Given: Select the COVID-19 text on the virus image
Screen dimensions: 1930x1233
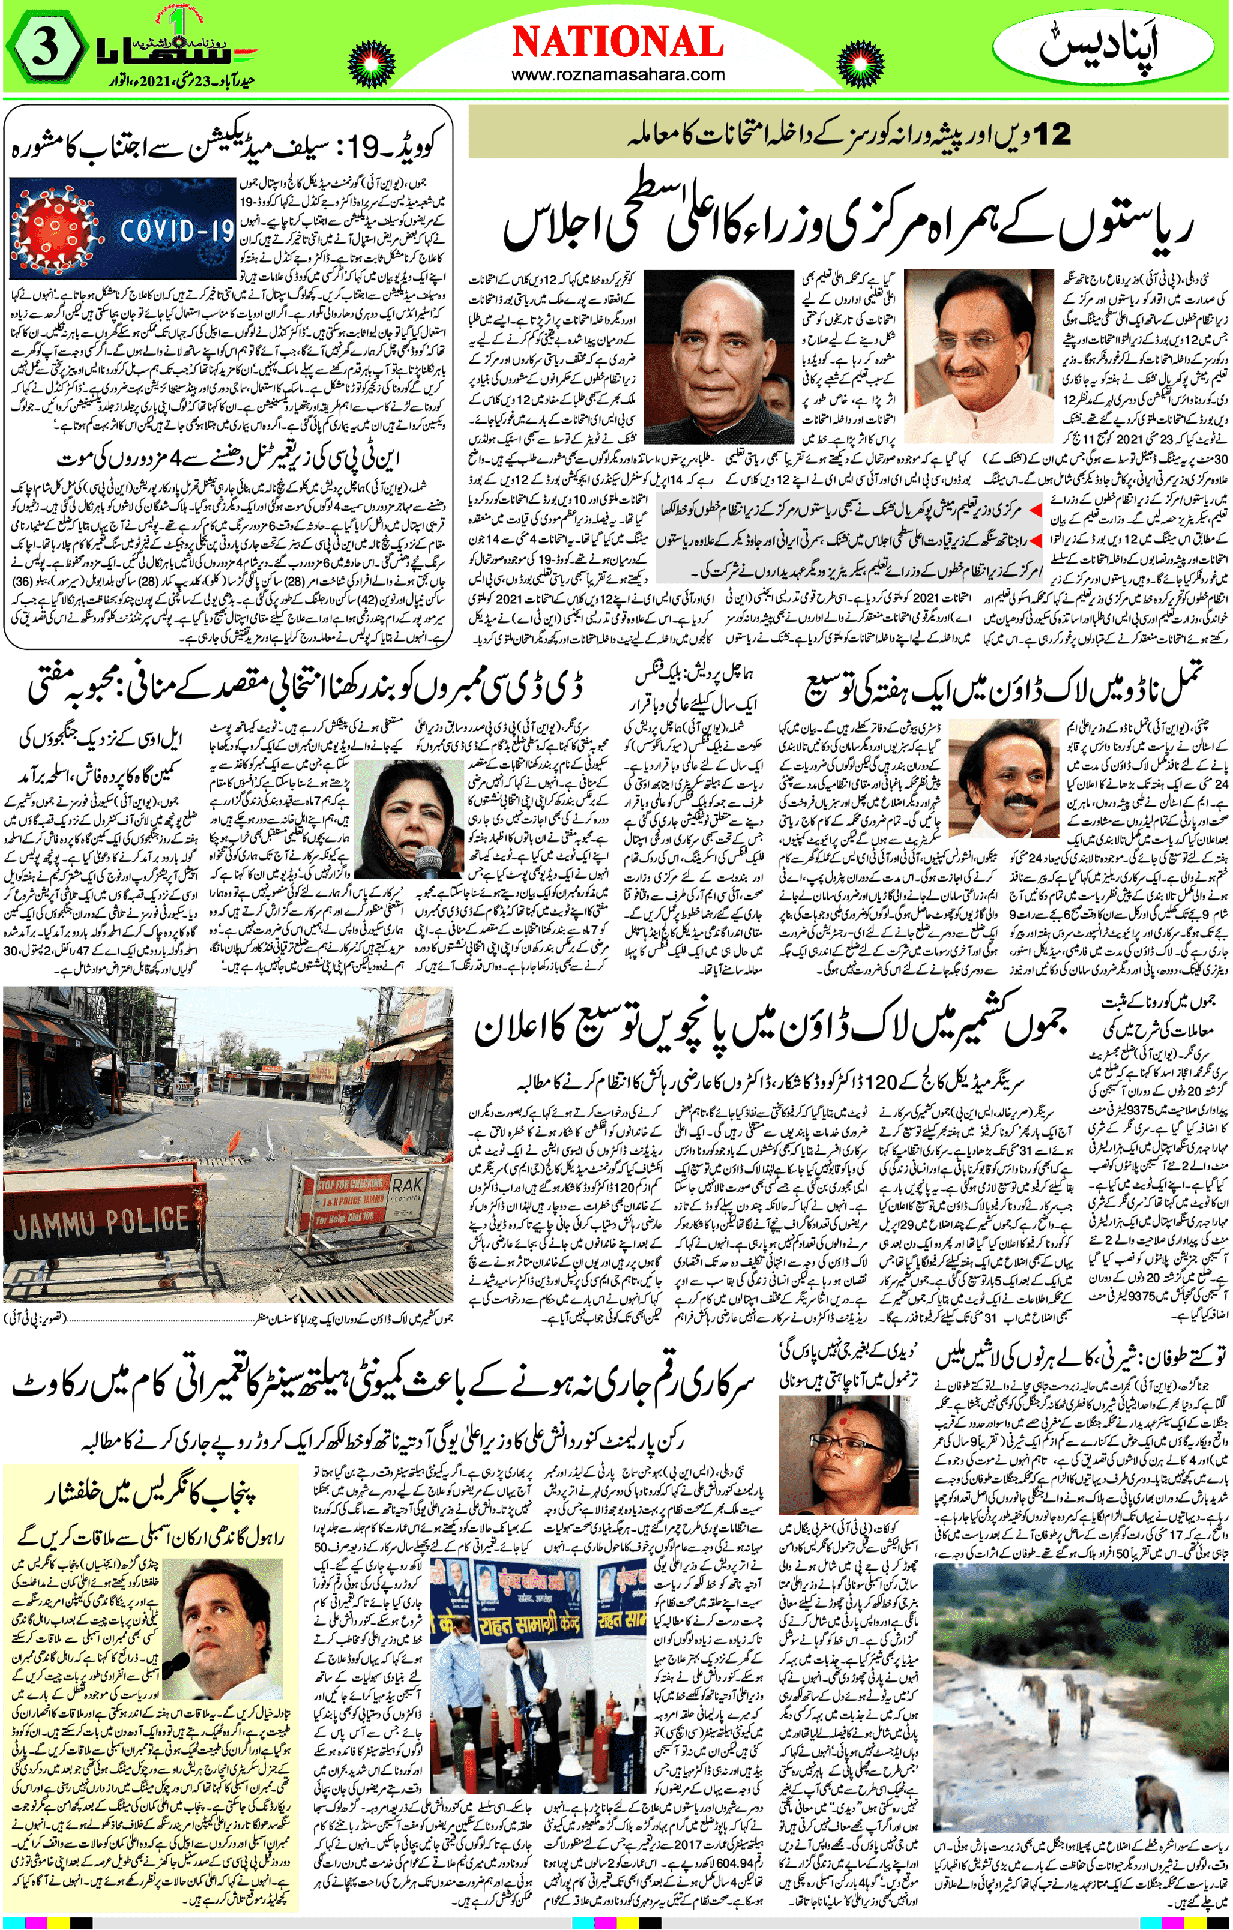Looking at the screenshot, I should tap(176, 231).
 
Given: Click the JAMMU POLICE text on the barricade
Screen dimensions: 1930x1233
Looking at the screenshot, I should tap(101, 1224).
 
